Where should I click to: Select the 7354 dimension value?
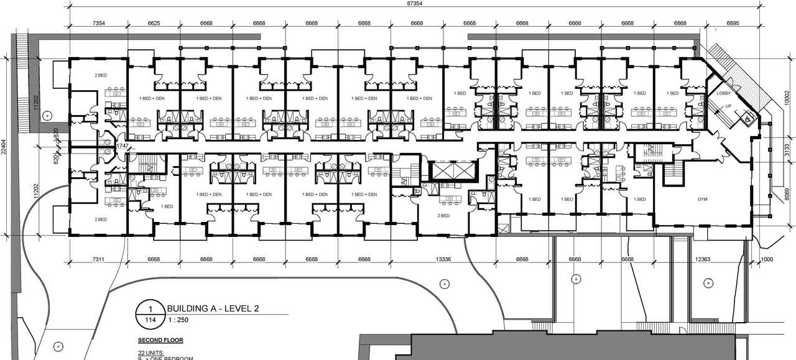[x=98, y=23]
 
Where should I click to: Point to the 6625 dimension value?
[x=154, y=23]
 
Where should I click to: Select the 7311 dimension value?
[x=97, y=259]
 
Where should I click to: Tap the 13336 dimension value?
[x=443, y=259]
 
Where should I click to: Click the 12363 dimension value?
[x=702, y=259]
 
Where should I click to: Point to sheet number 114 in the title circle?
[x=150, y=320]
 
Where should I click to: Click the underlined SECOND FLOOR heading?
[x=159, y=341]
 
